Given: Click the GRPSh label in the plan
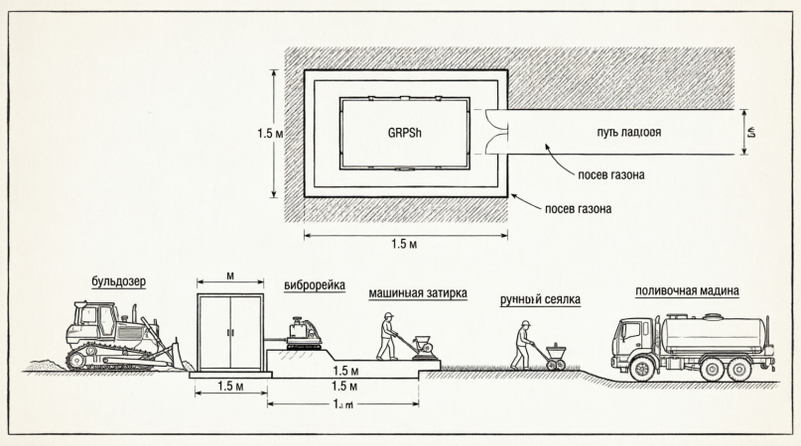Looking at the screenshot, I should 404,132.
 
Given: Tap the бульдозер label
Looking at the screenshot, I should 117,281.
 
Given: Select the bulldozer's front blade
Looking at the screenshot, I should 181,355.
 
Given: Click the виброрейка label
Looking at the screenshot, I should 314,285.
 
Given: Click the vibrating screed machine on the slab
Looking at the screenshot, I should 303,333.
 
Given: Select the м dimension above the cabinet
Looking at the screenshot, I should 230,273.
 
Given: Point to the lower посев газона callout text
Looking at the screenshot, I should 578,208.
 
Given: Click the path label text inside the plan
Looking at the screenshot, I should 629,132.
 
